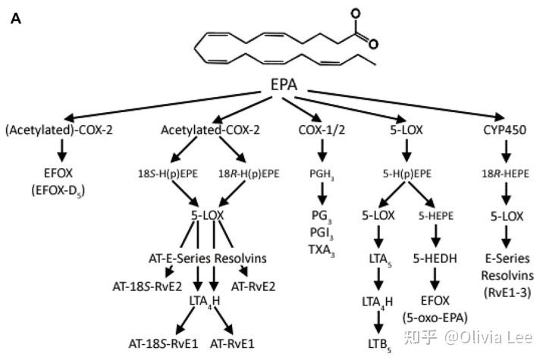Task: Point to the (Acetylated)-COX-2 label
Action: (x=59, y=130)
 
